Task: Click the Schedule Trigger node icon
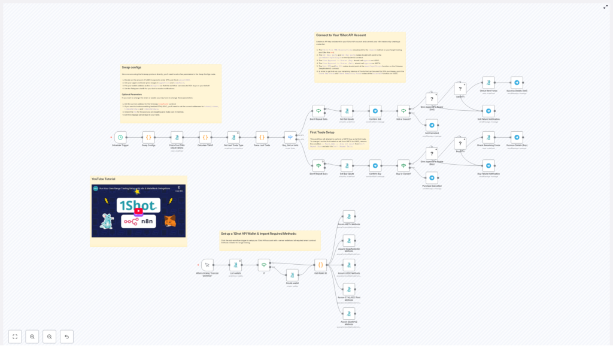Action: click(120, 137)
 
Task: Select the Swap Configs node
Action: click(148, 137)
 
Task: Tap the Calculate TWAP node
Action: click(205, 137)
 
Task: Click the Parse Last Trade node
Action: click(262, 137)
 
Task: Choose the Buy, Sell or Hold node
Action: click(290, 137)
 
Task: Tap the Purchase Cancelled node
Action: click(432, 177)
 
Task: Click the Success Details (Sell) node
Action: click(517, 83)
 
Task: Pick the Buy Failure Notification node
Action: click(488, 166)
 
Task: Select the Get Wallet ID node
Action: click(320, 264)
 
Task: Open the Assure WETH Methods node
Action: click(348, 216)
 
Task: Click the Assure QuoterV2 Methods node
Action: click(348, 240)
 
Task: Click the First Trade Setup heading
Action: click(322, 132)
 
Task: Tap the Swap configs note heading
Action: click(131, 68)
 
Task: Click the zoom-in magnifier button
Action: click(32, 337)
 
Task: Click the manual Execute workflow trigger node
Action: click(207, 264)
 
